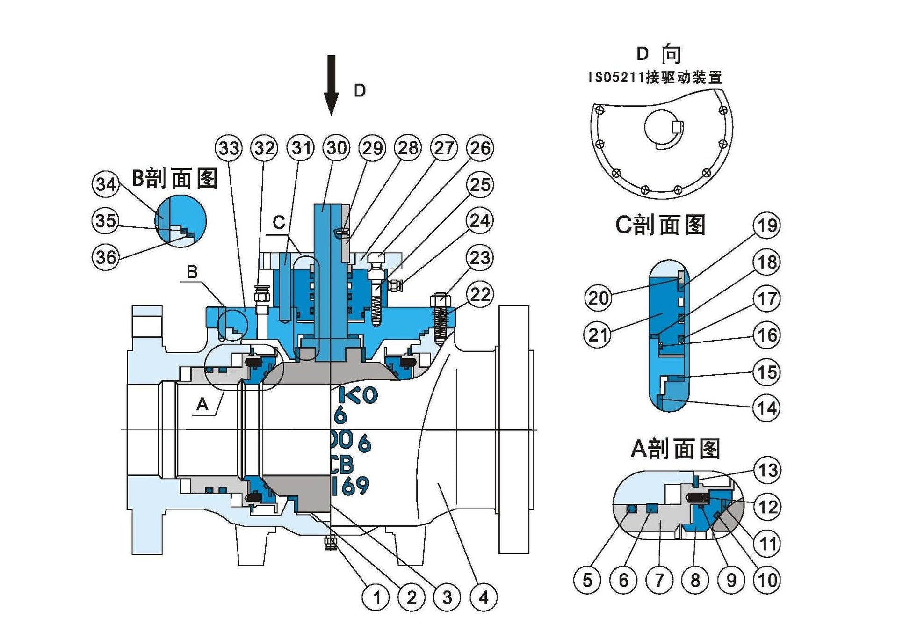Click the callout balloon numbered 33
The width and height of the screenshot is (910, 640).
point(229,148)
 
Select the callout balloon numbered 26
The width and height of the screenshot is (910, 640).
point(480,148)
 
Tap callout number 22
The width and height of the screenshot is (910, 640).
point(480,295)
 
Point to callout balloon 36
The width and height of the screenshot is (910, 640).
point(106,257)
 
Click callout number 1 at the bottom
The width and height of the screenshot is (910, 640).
point(376,597)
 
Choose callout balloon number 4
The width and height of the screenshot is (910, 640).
point(484,597)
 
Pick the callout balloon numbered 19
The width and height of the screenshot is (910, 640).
point(767,225)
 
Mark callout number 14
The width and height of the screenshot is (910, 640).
point(767,408)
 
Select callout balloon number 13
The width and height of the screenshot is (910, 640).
point(767,470)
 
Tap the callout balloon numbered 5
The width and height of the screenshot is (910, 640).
point(587,580)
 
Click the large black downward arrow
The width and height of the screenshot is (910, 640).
point(331,84)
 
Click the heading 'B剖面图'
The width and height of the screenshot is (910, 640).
point(175,178)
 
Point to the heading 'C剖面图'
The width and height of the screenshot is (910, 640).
point(660,225)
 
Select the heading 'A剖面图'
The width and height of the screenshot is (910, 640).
point(676,449)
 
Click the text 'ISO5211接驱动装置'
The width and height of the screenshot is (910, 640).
point(655,77)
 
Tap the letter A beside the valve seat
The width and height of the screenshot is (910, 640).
point(202,404)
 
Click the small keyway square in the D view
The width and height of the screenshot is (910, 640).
point(677,127)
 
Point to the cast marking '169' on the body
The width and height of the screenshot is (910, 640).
point(351,486)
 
